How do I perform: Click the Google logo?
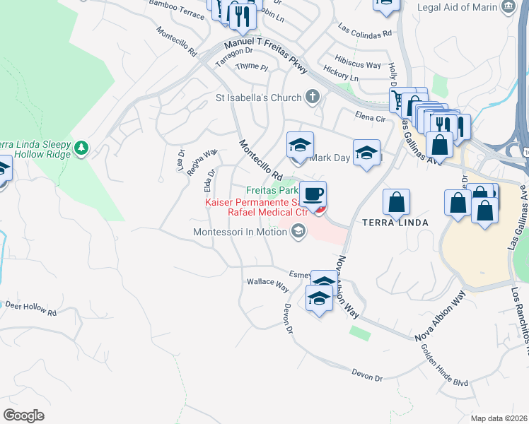click(x=23, y=415)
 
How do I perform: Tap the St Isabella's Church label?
click(x=259, y=98)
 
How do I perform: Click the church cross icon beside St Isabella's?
click(x=313, y=98)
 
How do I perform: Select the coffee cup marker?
click(x=313, y=194)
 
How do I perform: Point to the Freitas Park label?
click(x=272, y=190)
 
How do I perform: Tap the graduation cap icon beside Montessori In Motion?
click(x=298, y=231)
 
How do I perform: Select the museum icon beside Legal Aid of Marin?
click(x=507, y=7)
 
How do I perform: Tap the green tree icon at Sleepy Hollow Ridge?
click(x=82, y=147)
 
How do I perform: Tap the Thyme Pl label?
click(x=252, y=66)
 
